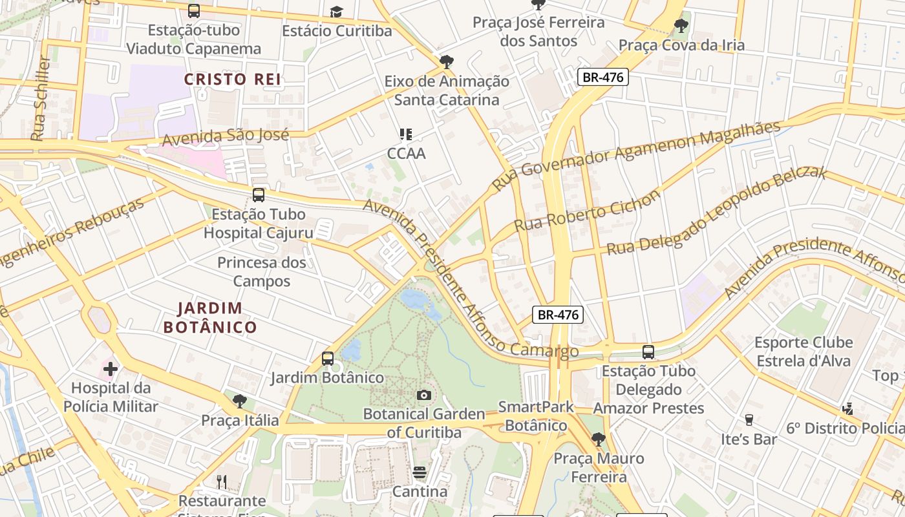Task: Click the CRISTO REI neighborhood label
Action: tap(233, 79)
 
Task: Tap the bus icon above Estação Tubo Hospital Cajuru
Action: tap(259, 195)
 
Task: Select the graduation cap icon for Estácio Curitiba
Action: tap(336, 12)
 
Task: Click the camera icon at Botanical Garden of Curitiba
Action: tap(424, 395)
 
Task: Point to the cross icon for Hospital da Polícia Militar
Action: tap(111, 369)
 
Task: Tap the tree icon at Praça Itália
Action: tap(239, 401)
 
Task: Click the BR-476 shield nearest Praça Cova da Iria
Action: tap(602, 78)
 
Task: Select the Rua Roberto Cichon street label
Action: tap(587, 211)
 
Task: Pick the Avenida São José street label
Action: tap(225, 136)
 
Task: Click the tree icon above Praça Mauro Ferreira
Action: tap(599, 439)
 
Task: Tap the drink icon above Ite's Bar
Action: tap(749, 419)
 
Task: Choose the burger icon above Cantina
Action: tap(420, 472)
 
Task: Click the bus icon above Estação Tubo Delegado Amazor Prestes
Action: tap(648, 352)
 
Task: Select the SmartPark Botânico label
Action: tap(536, 416)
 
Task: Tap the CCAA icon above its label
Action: tap(406, 134)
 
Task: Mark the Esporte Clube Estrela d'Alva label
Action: tap(804, 352)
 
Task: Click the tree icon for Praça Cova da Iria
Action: tap(681, 26)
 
